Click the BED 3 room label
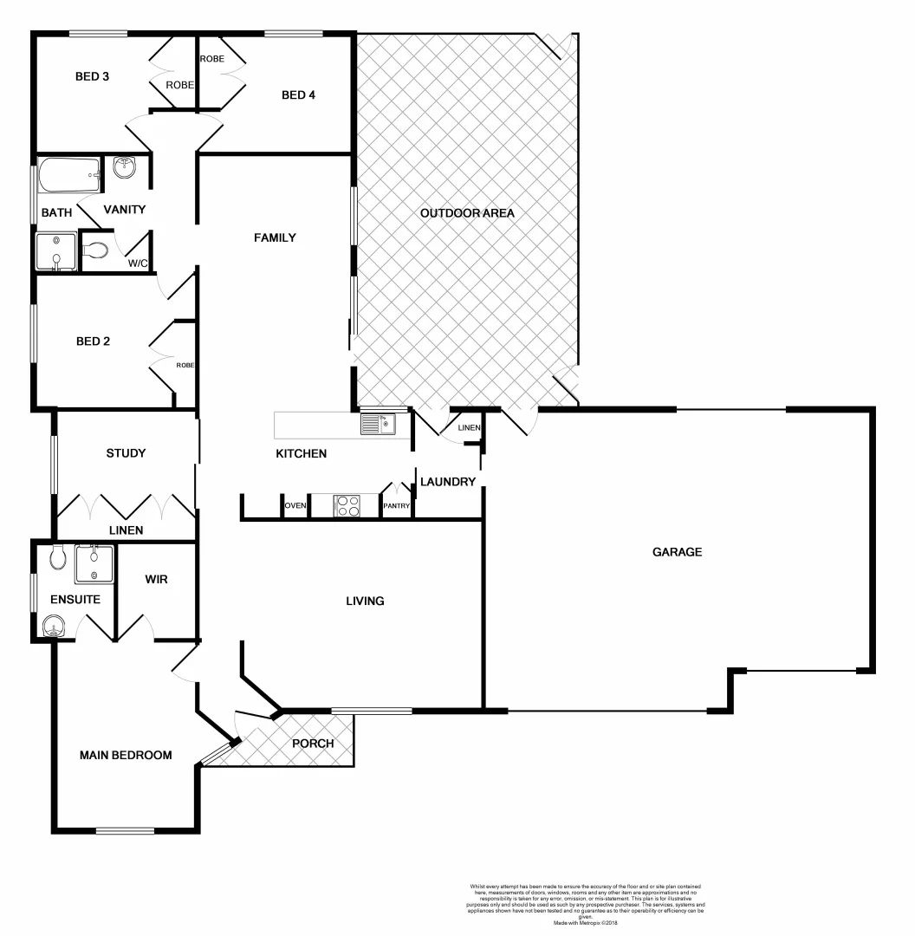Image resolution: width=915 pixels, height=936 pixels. pyautogui.click(x=92, y=76)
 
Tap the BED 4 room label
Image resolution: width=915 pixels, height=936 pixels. pyautogui.click(x=298, y=95)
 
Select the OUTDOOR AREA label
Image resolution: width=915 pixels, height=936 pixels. pyautogui.click(x=467, y=213)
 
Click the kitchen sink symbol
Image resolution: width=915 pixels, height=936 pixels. pyautogui.click(x=378, y=424)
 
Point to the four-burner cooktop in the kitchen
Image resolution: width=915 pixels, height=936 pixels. pyautogui.click(x=347, y=505)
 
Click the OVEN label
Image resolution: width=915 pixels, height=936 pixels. pyautogui.click(x=295, y=506)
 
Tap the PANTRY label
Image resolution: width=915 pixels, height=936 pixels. pyautogui.click(x=396, y=506)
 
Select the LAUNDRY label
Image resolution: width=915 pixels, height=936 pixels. pyautogui.click(x=447, y=482)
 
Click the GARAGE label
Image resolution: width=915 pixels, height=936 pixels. pyautogui.click(x=677, y=552)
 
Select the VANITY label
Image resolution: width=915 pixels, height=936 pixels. pyautogui.click(x=125, y=210)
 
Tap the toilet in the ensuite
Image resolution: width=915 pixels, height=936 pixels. pyautogui.click(x=58, y=556)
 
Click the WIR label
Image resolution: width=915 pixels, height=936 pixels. pyautogui.click(x=156, y=579)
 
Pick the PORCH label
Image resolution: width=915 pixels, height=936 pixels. pyautogui.click(x=313, y=744)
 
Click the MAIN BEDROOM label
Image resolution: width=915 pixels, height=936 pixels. pyautogui.click(x=126, y=755)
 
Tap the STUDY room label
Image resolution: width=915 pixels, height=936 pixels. pyautogui.click(x=126, y=453)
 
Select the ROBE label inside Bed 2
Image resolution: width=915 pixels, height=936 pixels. pyautogui.click(x=185, y=366)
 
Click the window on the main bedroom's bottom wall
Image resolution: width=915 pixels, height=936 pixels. pyautogui.click(x=125, y=831)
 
